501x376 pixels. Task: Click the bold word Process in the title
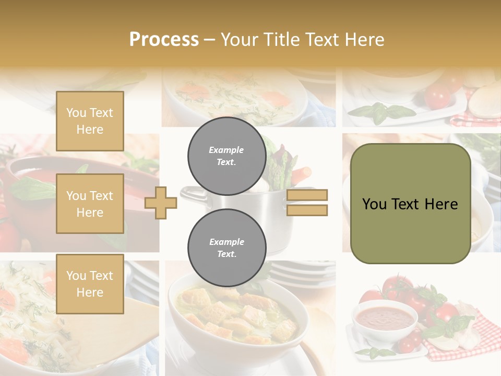click(164, 40)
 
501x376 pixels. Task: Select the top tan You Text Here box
click(90, 121)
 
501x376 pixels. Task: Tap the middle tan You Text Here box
click(90, 204)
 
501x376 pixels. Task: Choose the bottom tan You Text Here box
click(90, 284)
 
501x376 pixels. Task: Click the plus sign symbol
click(161, 203)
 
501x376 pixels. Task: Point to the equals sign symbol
click(307, 203)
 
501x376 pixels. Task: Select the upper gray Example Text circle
click(226, 156)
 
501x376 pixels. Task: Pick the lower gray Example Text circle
click(226, 248)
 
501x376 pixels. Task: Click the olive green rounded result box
click(410, 204)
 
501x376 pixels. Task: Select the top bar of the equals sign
click(307, 195)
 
